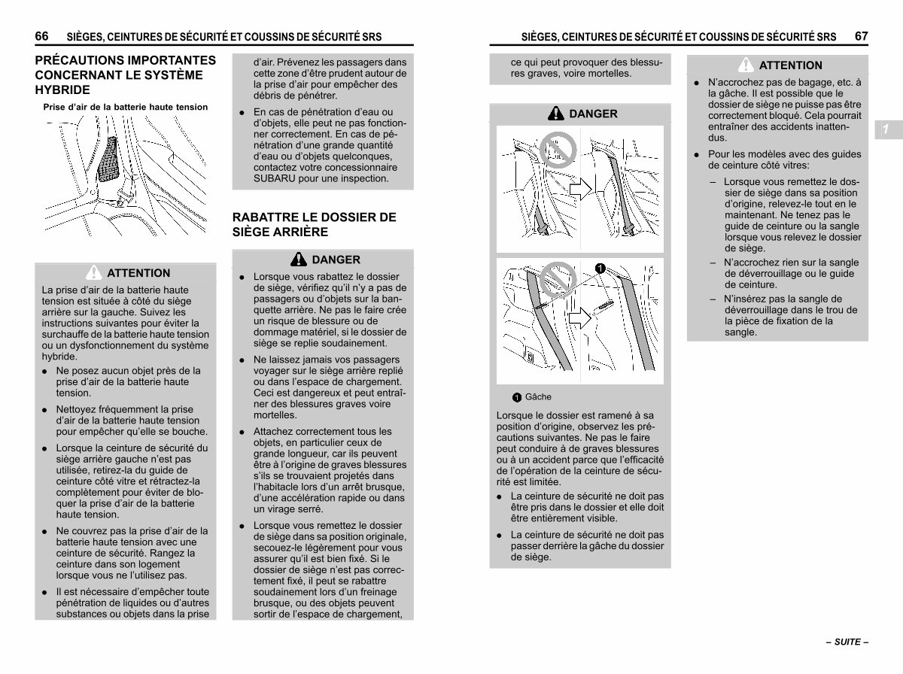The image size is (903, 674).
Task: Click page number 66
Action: [x=41, y=36]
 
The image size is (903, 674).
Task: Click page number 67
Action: [x=861, y=36]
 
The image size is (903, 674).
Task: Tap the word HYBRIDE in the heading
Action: [x=62, y=90]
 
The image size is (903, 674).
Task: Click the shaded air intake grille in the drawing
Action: [x=108, y=159]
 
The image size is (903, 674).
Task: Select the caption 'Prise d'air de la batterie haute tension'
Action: [x=126, y=107]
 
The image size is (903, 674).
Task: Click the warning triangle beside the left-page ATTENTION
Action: [x=94, y=272]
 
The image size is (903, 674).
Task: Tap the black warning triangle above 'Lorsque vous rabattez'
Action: [x=298, y=259]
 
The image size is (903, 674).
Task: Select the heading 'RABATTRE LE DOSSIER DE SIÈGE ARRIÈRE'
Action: [x=314, y=224]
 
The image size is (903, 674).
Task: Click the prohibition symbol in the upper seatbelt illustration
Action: [x=558, y=150]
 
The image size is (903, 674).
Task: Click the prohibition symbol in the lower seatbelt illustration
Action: [x=558, y=280]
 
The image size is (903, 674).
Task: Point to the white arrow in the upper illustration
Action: [x=580, y=189]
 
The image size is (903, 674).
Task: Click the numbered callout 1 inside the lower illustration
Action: [x=600, y=269]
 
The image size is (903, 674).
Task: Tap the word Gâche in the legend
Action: [x=538, y=397]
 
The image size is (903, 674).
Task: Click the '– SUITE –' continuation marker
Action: [x=847, y=642]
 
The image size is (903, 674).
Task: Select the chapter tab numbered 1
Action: [x=888, y=129]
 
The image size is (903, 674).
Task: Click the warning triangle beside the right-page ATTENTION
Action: [x=746, y=65]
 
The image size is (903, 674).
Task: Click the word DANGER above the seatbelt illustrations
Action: [x=593, y=114]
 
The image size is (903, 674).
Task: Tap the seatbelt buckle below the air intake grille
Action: [x=123, y=197]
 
